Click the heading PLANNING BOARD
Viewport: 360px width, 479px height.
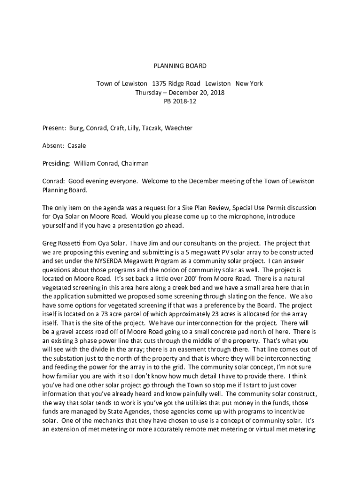tap(180, 66)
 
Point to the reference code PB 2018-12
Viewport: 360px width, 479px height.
tap(180, 101)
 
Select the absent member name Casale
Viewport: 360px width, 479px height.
tap(77, 145)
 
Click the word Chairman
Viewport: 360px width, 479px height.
tap(135, 163)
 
